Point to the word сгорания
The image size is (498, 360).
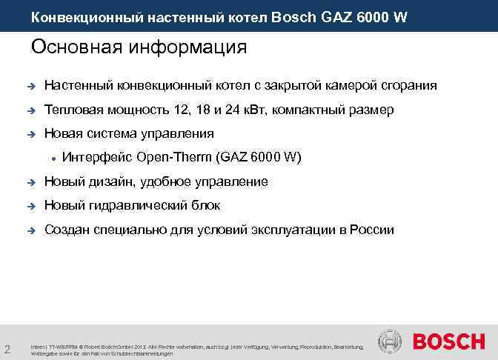pyautogui.click(x=408, y=86)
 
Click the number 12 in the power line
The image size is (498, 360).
pyautogui.click(x=181, y=110)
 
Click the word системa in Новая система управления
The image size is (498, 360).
pyautogui.click(x=108, y=134)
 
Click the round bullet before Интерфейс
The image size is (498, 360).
pyautogui.click(x=53, y=159)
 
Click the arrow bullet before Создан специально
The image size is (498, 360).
pyautogui.click(x=30, y=230)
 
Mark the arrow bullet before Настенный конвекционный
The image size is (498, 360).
pyautogui.click(x=30, y=87)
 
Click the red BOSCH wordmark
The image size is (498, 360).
pyautogui.click(x=448, y=342)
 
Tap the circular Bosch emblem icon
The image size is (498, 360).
pyautogui.click(x=390, y=342)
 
